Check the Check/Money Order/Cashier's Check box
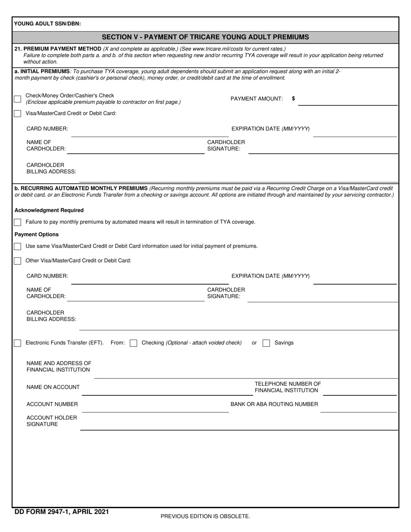tap(17, 99)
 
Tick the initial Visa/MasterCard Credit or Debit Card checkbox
tap(17, 114)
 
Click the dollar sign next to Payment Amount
tap(294, 99)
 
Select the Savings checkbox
tap(267, 343)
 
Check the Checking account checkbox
tap(134, 343)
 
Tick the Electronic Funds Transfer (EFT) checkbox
tap(17, 343)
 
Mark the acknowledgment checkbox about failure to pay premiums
tap(17, 222)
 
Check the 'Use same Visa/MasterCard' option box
tap(17, 247)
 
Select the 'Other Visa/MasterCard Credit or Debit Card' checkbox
tap(17, 261)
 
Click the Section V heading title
tap(205, 37)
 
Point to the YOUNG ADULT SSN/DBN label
tap(47, 24)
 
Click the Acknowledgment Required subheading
tap(49, 210)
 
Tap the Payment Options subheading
tap(37, 234)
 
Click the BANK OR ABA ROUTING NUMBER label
tap(274, 404)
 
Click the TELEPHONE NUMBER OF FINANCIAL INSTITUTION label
tap(287, 387)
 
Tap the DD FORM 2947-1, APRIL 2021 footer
tap(61, 512)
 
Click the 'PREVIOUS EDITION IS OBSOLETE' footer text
tap(205, 516)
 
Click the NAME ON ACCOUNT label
tap(53, 387)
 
